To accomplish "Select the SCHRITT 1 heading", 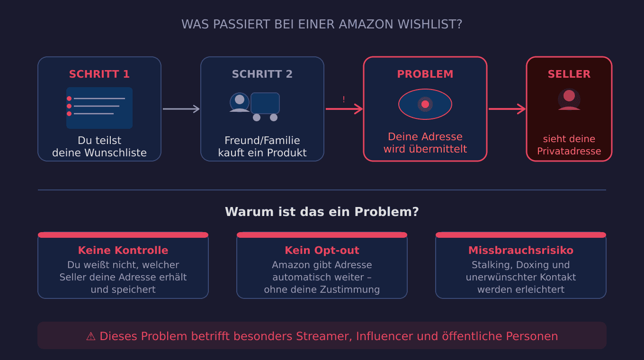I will [99, 74].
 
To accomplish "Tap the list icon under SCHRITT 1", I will [99, 108].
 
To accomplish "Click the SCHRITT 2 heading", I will [262, 74].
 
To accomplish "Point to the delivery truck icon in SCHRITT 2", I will [265, 107].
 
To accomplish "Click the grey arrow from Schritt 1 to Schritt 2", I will [181, 109].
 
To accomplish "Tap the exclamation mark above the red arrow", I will [343, 99].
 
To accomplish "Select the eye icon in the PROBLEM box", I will [425, 104].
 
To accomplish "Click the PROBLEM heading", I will [425, 74].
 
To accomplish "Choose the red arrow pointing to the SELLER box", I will [507, 109].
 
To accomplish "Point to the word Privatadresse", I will [569, 151].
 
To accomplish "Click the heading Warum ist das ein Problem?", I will [322, 212].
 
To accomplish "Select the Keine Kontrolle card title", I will [123, 251].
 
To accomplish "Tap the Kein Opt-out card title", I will [322, 251].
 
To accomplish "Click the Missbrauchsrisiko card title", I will [520, 251].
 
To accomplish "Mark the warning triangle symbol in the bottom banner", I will [91, 336].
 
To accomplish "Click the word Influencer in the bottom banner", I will [384, 336].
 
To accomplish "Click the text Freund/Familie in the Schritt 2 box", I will [262, 141].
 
